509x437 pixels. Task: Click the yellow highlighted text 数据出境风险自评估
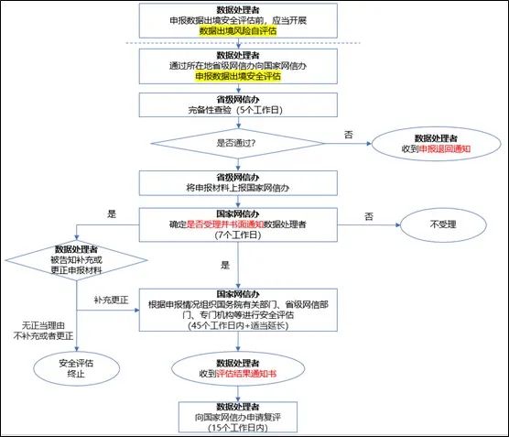[238, 31]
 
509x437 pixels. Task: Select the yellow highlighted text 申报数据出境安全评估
[238, 76]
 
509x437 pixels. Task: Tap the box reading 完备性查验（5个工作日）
[238, 105]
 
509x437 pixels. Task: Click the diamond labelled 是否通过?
[238, 143]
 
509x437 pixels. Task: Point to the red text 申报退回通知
[444, 148]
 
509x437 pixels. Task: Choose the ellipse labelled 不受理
[443, 224]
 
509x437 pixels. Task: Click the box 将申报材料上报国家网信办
[238, 183]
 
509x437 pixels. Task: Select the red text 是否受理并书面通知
[225, 224]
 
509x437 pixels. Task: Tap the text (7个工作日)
[238, 235]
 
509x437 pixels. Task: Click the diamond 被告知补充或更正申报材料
[77, 260]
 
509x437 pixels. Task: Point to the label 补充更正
[111, 300]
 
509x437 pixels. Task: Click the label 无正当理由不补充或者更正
[43, 331]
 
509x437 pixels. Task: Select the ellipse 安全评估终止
[77, 369]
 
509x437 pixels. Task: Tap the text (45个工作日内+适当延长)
[238, 325]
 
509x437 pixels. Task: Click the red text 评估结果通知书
[246, 374]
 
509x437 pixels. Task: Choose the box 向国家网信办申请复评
[238, 417]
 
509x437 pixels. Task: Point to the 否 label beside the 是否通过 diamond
[348, 135]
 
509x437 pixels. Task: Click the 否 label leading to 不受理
[369, 216]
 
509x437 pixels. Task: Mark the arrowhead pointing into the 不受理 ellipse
[397, 224]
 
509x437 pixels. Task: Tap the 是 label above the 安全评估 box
[225, 265]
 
